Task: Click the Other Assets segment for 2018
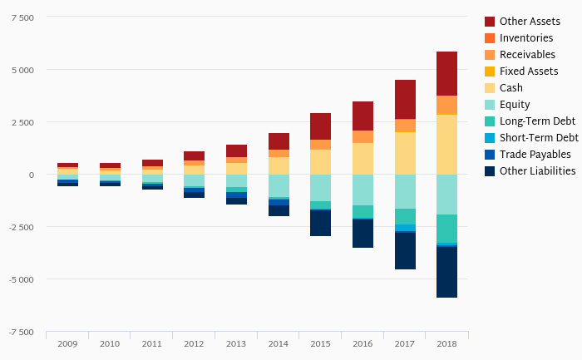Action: pyautogui.click(x=446, y=73)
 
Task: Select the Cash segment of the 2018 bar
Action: pyautogui.click(x=446, y=144)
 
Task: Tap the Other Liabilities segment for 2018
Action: pyautogui.click(x=446, y=272)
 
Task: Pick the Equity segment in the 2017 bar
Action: pyautogui.click(x=405, y=191)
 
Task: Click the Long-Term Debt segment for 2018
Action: pyautogui.click(x=446, y=229)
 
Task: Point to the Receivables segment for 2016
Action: pyautogui.click(x=363, y=136)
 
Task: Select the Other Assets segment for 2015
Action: pyautogui.click(x=320, y=126)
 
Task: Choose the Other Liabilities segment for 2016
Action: pyautogui.click(x=363, y=234)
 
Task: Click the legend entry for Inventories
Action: pyautogui.click(x=525, y=38)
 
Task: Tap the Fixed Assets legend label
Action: pyautogui.click(x=528, y=72)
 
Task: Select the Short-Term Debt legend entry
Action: pyautogui.click(x=538, y=138)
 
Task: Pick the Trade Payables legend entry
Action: pyautogui.click(x=535, y=155)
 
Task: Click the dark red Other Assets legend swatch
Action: pyautogui.click(x=490, y=22)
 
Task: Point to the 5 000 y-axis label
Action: pyautogui.click(x=22, y=70)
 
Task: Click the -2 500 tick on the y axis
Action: pyautogui.click(x=21, y=227)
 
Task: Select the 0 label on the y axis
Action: pyautogui.click(x=32, y=175)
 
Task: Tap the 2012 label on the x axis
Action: pyautogui.click(x=194, y=343)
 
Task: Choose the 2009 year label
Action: pyautogui.click(x=67, y=343)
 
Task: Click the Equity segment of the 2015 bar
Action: pyautogui.click(x=320, y=188)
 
